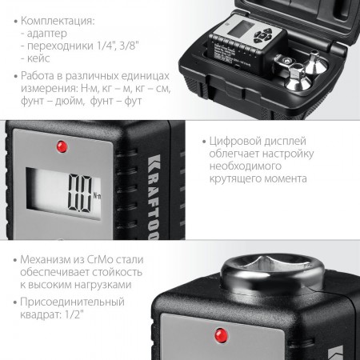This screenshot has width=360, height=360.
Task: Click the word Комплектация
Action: [57, 21]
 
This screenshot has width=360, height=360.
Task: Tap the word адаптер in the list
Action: [47, 34]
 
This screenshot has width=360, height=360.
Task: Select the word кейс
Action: [38, 58]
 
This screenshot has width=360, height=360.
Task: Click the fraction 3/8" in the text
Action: [129, 46]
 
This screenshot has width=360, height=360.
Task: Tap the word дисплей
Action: [285, 142]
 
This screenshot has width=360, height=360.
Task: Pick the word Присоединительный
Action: [72, 302]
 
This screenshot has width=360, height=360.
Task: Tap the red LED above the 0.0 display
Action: [62, 146]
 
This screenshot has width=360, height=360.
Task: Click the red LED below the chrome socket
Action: [221, 335]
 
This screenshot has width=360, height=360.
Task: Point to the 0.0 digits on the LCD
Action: [80, 193]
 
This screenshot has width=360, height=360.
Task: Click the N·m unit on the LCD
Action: [98, 196]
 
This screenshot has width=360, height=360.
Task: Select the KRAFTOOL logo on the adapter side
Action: [154, 197]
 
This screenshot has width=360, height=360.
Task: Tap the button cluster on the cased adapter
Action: [263, 35]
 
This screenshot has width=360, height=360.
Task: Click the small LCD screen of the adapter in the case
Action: [241, 29]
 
